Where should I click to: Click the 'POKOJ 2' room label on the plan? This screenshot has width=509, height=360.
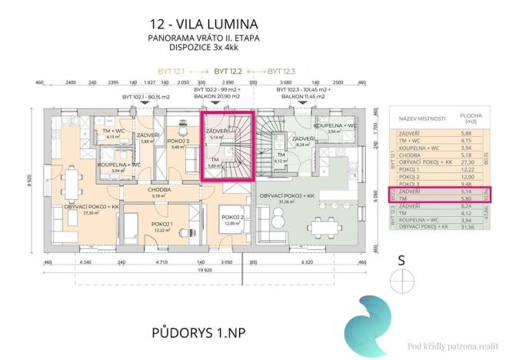[233, 218]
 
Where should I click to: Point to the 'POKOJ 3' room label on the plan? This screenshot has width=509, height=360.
[178, 141]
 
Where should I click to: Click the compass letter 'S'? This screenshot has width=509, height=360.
[401, 260]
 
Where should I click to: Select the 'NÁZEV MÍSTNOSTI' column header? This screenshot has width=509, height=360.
[420, 120]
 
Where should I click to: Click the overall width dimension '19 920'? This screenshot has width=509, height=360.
[202, 272]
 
